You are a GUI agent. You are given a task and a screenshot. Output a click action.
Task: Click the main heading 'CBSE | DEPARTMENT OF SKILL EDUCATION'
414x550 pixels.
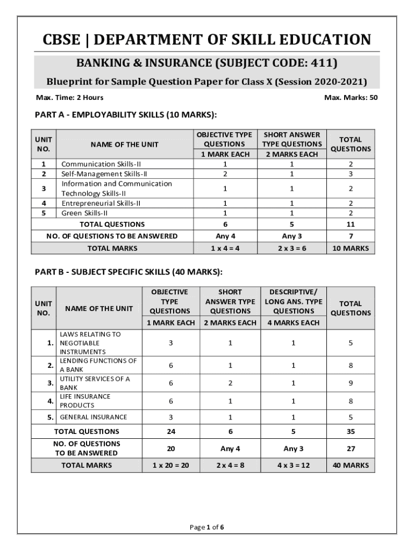(x=207, y=40)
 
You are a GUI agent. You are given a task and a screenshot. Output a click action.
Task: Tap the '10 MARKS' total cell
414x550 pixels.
(x=351, y=248)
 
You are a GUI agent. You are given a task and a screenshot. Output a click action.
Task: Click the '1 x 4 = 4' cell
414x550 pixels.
(x=225, y=248)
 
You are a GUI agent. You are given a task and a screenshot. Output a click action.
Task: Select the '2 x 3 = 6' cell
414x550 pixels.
(x=292, y=248)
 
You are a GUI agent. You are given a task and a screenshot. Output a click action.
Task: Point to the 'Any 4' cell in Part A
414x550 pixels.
(x=225, y=236)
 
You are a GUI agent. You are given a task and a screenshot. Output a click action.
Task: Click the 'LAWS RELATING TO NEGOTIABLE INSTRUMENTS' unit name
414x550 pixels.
(x=90, y=343)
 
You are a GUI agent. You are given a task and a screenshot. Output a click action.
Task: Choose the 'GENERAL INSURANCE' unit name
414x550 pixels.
(x=93, y=417)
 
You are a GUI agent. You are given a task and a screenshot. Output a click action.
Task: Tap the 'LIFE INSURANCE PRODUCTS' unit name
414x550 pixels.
(x=85, y=401)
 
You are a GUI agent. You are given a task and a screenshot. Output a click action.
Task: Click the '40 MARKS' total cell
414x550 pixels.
(x=351, y=465)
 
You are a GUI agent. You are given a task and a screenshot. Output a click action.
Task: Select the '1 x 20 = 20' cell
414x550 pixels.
(x=170, y=465)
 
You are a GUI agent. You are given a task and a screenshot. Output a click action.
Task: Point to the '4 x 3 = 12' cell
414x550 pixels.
(x=293, y=465)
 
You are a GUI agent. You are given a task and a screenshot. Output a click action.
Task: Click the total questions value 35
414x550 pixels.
(x=351, y=431)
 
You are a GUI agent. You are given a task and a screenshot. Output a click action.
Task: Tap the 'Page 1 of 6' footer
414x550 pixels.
(x=207, y=527)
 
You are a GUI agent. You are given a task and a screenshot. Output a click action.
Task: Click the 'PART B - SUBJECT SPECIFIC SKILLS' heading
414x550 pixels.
(x=129, y=272)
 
